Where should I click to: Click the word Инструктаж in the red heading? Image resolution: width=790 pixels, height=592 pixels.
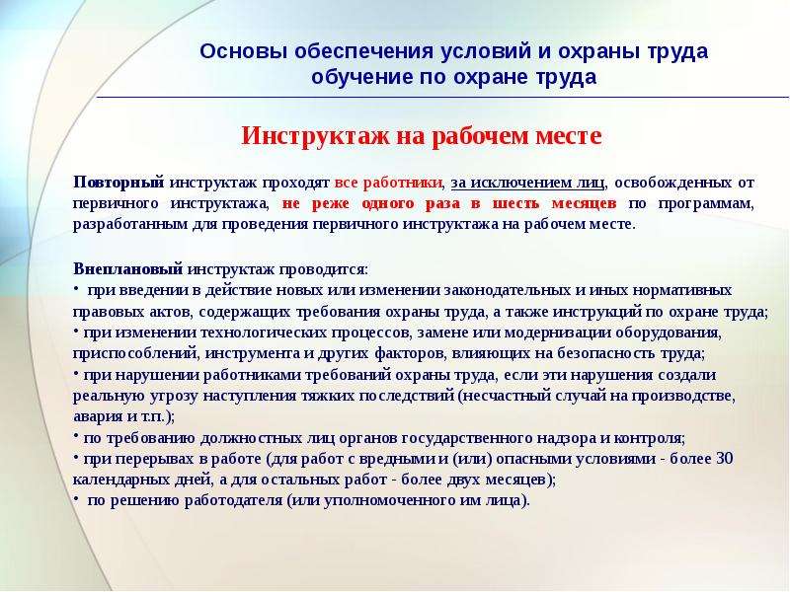pyautogui.click(x=315, y=136)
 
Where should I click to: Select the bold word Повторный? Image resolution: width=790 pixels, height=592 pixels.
pyautogui.click(x=118, y=183)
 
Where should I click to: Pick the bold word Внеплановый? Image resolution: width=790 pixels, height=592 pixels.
pyautogui.click(x=128, y=269)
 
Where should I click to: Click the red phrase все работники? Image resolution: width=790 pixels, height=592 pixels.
pyautogui.click(x=388, y=183)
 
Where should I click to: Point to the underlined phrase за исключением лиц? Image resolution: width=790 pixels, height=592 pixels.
pyautogui.click(x=527, y=183)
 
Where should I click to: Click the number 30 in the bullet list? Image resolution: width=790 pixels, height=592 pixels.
pyautogui.click(x=725, y=459)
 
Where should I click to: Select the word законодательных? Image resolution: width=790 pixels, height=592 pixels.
pyautogui.click(x=510, y=290)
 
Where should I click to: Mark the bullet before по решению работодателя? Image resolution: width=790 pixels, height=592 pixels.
pyautogui.click(x=76, y=498)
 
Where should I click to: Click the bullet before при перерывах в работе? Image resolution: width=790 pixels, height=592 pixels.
pyautogui.click(x=76, y=456)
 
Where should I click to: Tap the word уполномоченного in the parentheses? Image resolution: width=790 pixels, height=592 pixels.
pyautogui.click(x=388, y=501)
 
